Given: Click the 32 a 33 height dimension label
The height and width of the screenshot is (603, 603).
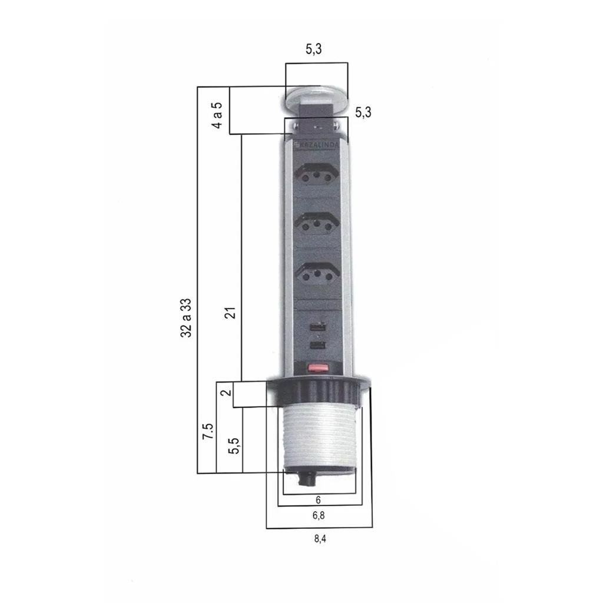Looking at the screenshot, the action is coord(185,317).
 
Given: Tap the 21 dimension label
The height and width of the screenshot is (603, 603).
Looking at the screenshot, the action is coord(230,313).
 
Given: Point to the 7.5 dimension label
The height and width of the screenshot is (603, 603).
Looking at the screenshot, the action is coord(208,431).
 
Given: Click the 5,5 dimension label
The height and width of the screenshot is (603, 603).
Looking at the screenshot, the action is coord(233,446).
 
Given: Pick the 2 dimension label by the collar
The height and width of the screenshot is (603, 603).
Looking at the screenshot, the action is coord(226,392).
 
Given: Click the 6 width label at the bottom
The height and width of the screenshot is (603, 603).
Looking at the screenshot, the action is coord(318,499).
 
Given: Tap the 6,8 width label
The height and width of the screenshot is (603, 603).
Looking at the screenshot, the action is coord(319,515).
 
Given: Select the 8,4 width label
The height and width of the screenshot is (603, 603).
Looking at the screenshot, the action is coord(320,538).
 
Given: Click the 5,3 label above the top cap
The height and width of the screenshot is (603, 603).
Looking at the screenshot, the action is coord(314,49).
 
